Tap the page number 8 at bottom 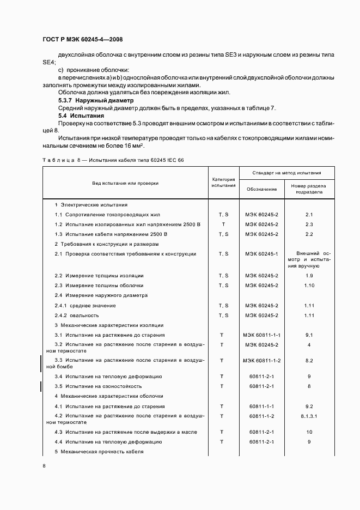point(44,465)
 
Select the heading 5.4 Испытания point(81,116)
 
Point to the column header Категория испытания point(223,183)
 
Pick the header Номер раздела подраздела point(309,189)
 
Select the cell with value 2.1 point(309,215)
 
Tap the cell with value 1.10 point(309,286)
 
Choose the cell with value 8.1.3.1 point(309,416)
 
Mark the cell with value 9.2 point(309,406)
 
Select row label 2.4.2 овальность point(77,315)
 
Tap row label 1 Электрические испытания point(91,205)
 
